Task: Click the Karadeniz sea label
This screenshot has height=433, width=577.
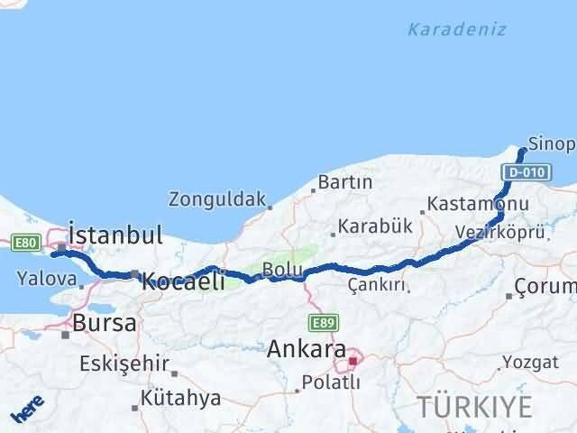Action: pyautogui.click(x=456, y=30)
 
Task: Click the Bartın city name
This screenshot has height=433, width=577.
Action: pyautogui.click(x=345, y=182)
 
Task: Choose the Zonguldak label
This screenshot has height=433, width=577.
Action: pyautogui.click(x=217, y=198)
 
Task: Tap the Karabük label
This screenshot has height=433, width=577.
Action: pyautogui.click(x=370, y=226)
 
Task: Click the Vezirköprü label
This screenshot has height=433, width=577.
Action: pyautogui.click(x=500, y=232)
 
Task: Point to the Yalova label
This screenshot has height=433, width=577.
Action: pyautogui.click(x=45, y=278)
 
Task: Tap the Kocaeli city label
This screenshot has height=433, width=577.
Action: pyautogui.click(x=183, y=281)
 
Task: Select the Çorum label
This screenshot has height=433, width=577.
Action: pyautogui.click(x=545, y=288)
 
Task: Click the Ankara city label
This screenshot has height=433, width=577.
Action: pyautogui.click(x=307, y=347)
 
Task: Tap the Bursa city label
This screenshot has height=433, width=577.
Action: pyautogui.click(x=105, y=322)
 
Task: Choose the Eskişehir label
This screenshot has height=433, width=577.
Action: pyautogui.click(x=124, y=364)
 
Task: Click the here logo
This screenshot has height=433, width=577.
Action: pyautogui.click(x=27, y=411)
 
